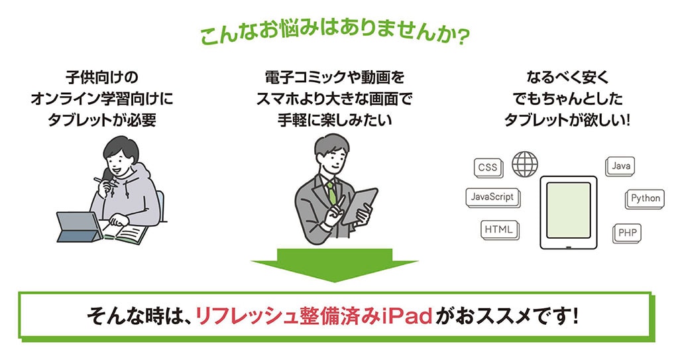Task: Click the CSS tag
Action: [487, 167]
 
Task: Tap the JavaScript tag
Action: [492, 196]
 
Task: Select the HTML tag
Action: [498, 229]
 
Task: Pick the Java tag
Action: [621, 165]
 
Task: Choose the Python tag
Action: [645, 198]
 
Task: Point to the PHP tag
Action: [626, 233]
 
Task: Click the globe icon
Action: [525, 162]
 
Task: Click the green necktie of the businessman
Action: [330, 192]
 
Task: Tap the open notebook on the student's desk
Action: [127, 233]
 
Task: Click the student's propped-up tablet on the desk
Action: [78, 225]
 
